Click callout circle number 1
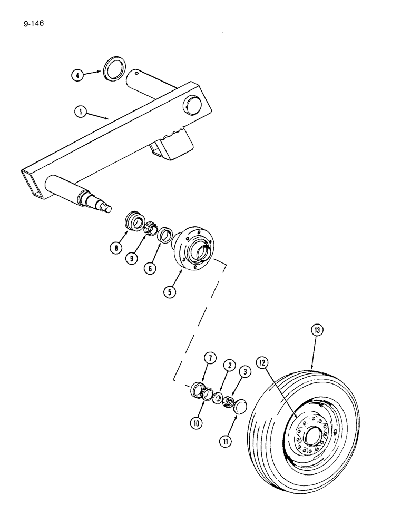(x=80, y=112)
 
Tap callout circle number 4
(x=77, y=75)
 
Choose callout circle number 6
(x=151, y=268)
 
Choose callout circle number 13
(x=316, y=330)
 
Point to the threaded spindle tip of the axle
(x=108, y=208)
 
